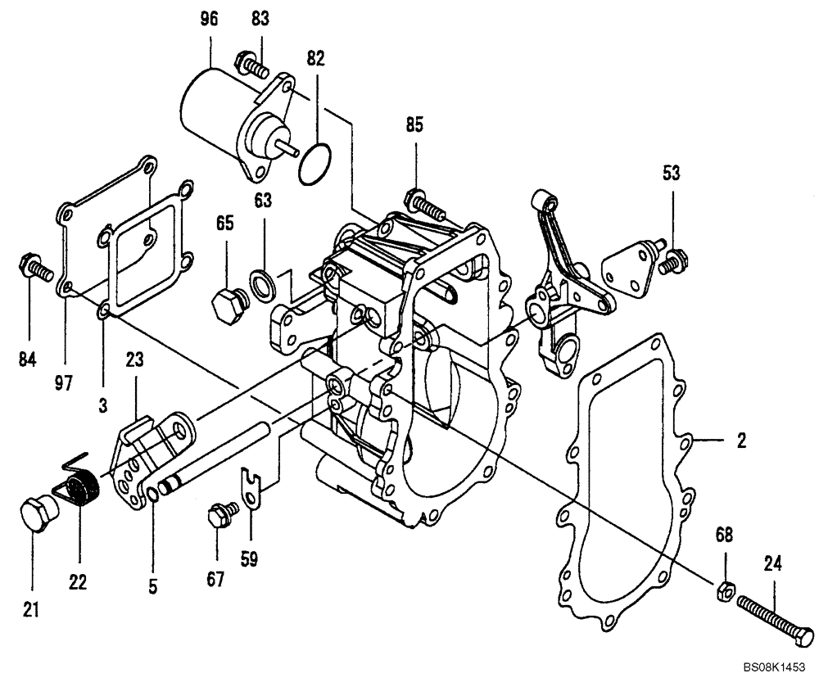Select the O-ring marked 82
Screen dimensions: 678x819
tap(315, 164)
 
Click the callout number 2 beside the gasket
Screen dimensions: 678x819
tap(740, 441)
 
